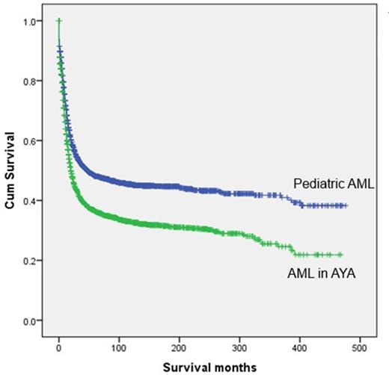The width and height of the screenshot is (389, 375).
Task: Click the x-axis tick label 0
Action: tap(59, 347)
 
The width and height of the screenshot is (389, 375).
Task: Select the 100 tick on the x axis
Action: tap(119, 347)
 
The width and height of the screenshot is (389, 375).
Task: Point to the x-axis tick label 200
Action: tap(180, 347)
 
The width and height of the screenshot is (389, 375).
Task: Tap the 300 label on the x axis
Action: tap(239, 347)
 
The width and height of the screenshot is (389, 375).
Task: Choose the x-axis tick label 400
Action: tap(299, 347)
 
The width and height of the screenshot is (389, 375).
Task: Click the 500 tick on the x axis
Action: tap(360, 347)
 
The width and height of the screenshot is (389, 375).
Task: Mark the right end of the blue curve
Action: tap(346, 205)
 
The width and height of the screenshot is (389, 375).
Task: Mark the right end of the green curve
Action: tap(341, 255)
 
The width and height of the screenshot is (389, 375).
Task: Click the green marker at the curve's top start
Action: tap(59, 21)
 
